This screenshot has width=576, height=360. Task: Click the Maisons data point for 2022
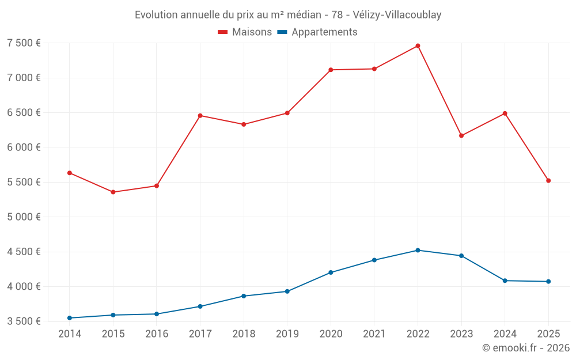[x=418, y=46]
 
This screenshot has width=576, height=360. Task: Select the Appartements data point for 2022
[x=418, y=250]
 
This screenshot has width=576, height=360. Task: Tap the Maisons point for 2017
[x=200, y=116]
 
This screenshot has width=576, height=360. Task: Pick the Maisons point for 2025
[x=548, y=181]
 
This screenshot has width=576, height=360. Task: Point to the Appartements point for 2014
[x=70, y=318]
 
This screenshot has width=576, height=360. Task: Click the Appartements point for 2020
[x=331, y=272]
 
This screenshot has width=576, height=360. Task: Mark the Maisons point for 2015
[x=113, y=192]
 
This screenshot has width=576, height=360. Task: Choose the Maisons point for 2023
[x=461, y=136]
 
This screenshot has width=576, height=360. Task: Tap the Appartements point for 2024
[x=505, y=281]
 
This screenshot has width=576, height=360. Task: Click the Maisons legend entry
[x=245, y=32]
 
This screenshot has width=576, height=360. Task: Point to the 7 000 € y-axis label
[x=24, y=78]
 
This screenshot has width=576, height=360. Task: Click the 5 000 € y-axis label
[x=24, y=217]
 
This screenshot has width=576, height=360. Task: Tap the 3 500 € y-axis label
[x=24, y=321]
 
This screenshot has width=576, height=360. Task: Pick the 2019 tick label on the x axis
[x=287, y=334]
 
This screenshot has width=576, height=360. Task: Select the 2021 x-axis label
[x=374, y=334]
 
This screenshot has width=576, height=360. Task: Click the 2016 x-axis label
[x=157, y=334]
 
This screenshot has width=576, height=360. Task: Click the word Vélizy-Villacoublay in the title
[x=397, y=15]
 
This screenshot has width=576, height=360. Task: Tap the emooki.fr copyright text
[x=526, y=348]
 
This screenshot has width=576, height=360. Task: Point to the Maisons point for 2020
[x=331, y=70]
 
